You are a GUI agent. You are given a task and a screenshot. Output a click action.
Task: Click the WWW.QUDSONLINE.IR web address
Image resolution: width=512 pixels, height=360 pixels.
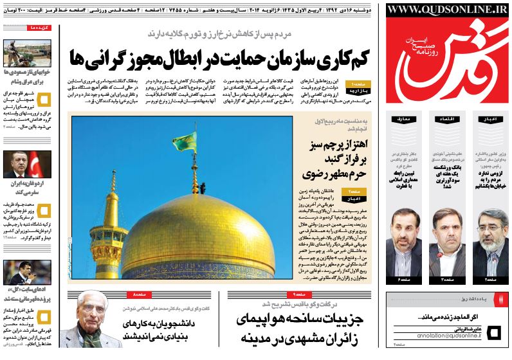[448, 9]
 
